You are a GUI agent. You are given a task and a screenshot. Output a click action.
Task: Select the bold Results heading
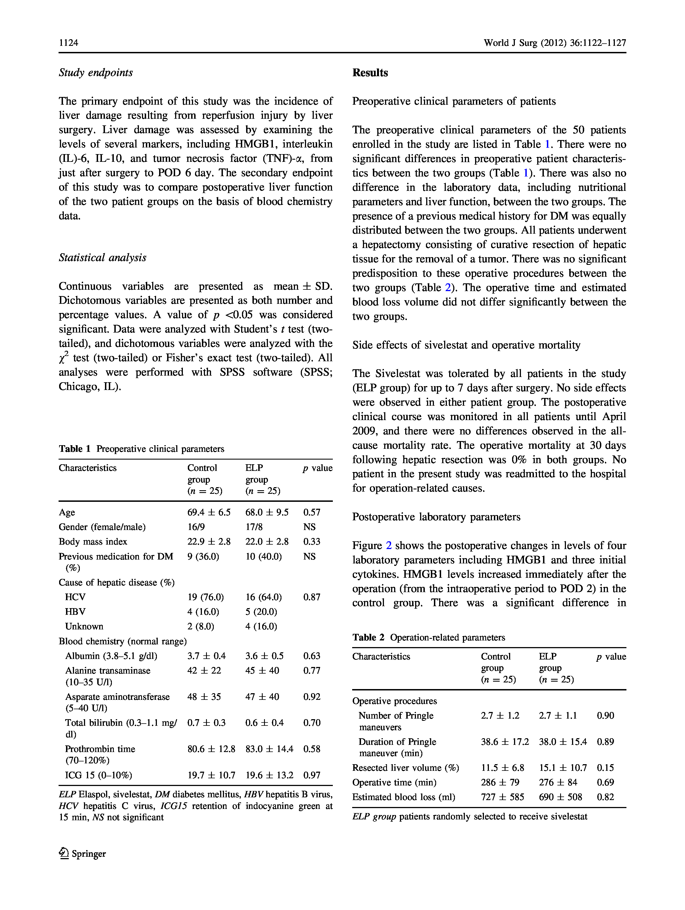click(x=370, y=73)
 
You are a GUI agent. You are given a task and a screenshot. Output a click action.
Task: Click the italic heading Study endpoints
click(x=96, y=73)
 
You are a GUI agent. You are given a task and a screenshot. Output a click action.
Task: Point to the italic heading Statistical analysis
click(x=102, y=257)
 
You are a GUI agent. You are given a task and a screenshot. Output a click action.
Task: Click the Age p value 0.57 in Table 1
click(x=312, y=512)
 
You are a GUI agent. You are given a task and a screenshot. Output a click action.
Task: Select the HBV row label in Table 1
click(x=75, y=612)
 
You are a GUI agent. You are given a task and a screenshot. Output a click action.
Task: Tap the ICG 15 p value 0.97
click(x=312, y=775)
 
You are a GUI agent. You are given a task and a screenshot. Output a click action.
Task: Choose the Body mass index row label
click(x=93, y=541)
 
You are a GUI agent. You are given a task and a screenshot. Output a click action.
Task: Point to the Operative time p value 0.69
click(x=605, y=782)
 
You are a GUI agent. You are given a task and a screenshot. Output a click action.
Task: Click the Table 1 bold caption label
click(x=75, y=449)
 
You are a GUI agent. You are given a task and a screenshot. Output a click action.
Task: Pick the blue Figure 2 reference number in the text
click(x=389, y=545)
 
